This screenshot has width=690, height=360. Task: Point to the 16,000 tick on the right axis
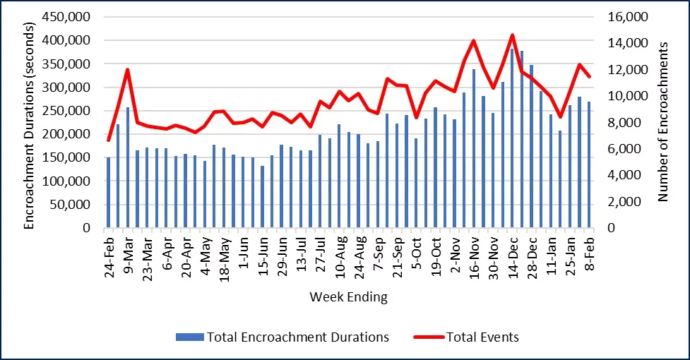point(624,17)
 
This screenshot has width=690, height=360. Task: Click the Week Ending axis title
point(348,296)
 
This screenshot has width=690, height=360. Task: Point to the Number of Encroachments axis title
point(663,121)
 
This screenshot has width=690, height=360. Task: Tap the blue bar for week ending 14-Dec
point(512,138)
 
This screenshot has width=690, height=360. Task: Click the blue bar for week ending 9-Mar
point(128,168)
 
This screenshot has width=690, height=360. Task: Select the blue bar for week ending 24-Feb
point(108,193)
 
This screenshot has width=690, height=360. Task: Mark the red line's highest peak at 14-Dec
point(512,35)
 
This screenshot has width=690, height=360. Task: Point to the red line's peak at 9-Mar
point(128,69)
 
